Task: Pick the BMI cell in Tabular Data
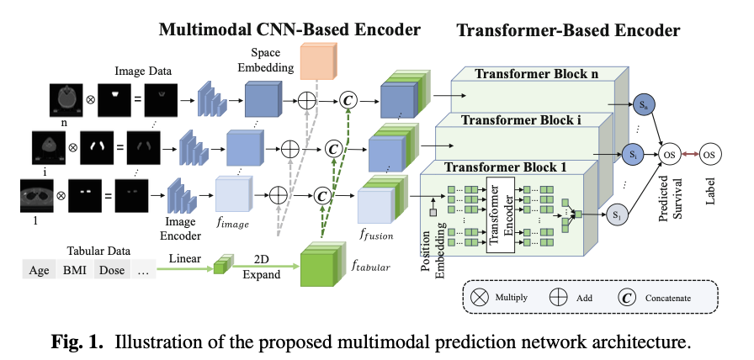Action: pyautogui.click(x=75, y=270)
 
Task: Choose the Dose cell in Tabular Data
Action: pyautogui.click(x=111, y=270)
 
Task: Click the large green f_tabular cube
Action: pyautogui.click(x=321, y=270)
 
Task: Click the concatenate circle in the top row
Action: pyautogui.click(x=348, y=101)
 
